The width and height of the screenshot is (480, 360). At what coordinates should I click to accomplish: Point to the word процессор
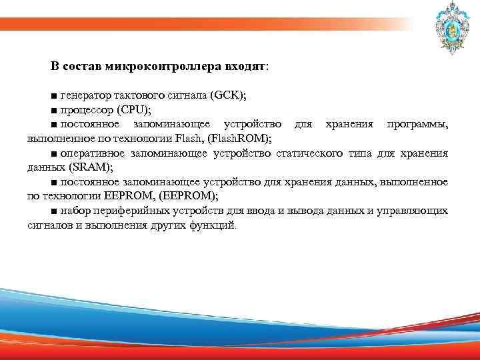[87, 110]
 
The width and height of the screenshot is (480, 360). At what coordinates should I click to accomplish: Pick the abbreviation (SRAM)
[93, 167]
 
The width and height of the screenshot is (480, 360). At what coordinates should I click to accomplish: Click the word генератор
[88, 96]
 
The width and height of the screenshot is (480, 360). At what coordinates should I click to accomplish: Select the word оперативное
[94, 153]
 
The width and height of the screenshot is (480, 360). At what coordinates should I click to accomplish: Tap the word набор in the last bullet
[74, 211]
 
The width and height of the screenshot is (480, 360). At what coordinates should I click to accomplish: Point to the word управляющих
[413, 211]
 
